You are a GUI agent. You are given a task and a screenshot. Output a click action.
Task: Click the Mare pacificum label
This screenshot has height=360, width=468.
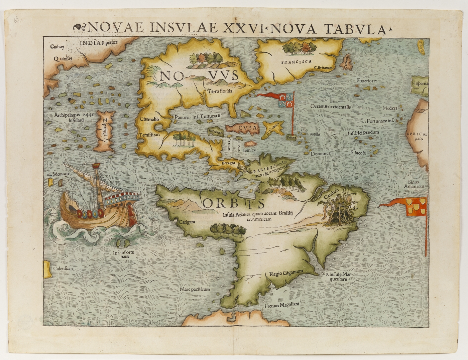point(195,289)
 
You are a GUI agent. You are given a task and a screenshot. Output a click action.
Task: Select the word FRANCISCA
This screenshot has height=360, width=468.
point(296,62)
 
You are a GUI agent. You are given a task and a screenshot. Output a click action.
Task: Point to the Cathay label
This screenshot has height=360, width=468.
point(57,47)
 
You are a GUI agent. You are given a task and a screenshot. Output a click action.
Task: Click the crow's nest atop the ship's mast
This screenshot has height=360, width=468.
point(96,165)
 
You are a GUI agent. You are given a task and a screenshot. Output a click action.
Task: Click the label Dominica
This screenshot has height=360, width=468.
point(321,154)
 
